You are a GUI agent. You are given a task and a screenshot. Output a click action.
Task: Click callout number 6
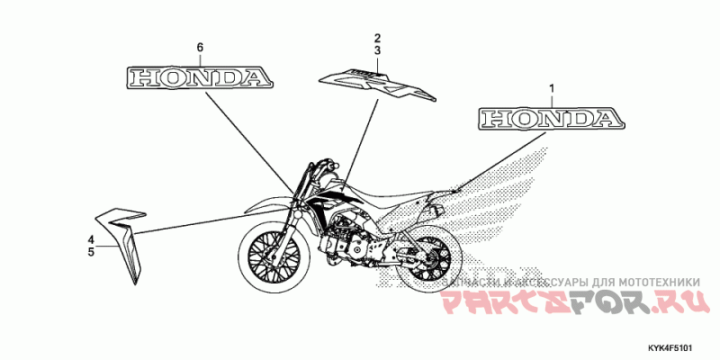[201, 46]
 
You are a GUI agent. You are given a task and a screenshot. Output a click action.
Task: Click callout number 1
[552, 88]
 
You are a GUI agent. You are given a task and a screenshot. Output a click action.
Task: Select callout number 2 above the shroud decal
[379, 38]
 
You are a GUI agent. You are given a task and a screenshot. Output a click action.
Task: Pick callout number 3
[379, 51]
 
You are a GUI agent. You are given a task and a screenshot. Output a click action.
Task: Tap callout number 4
[91, 238]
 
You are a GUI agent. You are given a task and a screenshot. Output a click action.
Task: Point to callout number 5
[91, 253]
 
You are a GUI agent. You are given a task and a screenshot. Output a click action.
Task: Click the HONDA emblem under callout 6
[200, 77]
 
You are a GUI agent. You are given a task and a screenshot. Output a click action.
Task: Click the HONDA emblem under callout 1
[550, 119]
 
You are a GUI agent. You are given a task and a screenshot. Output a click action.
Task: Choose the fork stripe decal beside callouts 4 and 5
[124, 238]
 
